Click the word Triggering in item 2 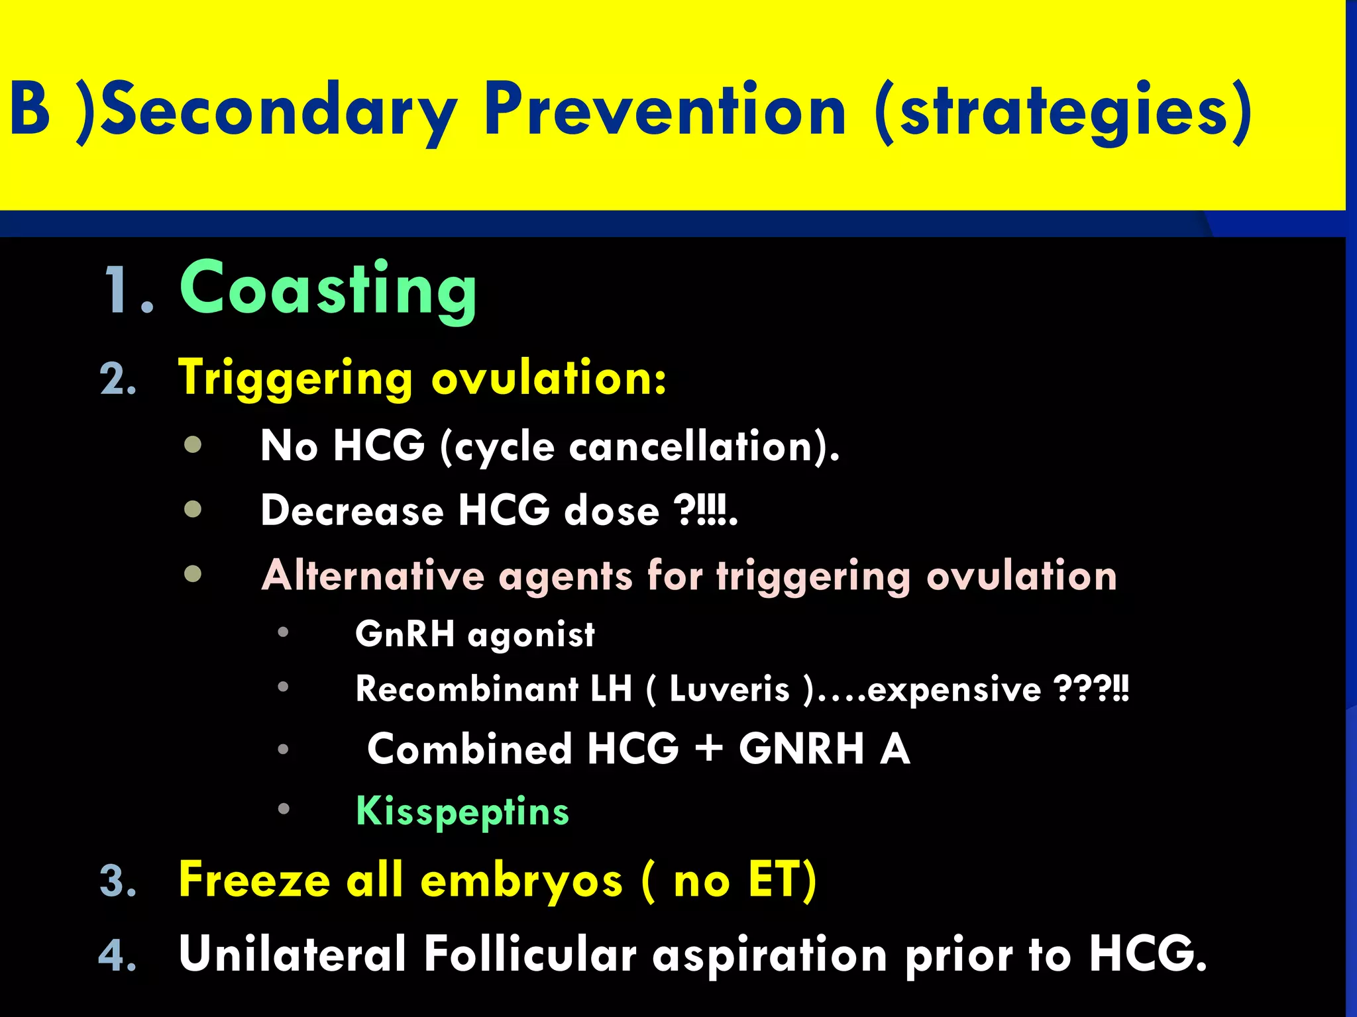296,378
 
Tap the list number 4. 118,956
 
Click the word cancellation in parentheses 690,446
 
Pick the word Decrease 352,511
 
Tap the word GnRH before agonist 405,634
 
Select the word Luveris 730,689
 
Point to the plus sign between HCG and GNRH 709,748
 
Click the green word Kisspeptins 462,811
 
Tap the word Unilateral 292,954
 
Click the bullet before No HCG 193,444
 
